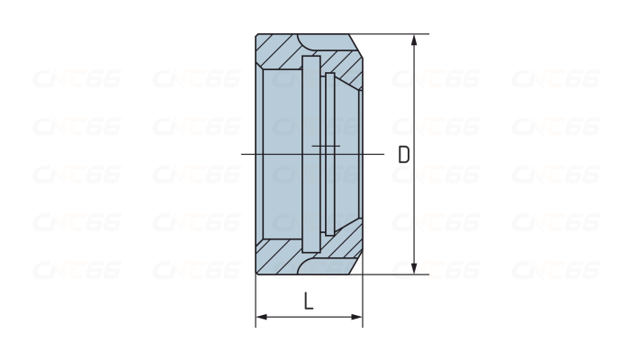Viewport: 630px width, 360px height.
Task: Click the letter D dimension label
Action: [403, 154]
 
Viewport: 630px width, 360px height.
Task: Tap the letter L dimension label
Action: [309, 301]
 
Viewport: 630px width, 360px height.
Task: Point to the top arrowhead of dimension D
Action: [415, 40]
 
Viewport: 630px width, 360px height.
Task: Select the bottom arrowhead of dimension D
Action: [415, 268]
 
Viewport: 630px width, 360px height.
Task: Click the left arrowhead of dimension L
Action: [262, 317]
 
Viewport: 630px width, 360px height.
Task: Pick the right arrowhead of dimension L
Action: [356, 317]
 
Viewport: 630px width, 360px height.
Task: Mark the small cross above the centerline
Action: [326, 146]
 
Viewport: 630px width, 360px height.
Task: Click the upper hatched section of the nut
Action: [310, 52]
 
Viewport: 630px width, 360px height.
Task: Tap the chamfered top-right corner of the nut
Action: [356, 46]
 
